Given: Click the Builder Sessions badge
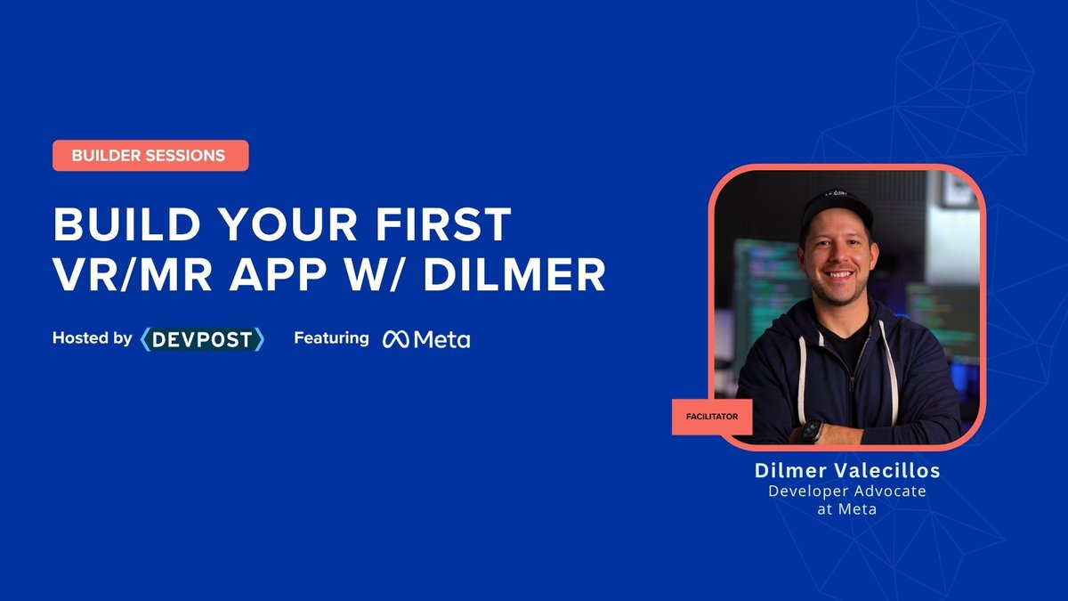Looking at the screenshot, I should click(x=150, y=156).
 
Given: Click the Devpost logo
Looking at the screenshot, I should click(x=203, y=338).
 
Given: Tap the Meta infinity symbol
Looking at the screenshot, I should click(x=395, y=339).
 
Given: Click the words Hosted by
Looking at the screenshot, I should click(x=93, y=338).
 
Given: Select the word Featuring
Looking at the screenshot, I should click(x=331, y=338).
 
